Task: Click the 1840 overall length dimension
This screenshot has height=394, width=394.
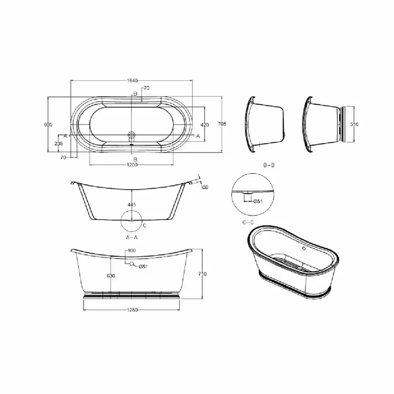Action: (x=132, y=80)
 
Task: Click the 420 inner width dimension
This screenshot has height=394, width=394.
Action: (x=205, y=125)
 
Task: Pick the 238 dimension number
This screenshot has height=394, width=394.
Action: (x=59, y=143)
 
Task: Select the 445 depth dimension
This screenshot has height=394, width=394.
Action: (x=132, y=205)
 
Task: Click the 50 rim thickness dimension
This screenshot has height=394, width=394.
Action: (x=205, y=187)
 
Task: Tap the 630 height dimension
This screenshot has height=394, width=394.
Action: (x=111, y=276)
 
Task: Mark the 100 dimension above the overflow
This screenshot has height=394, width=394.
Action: (x=131, y=250)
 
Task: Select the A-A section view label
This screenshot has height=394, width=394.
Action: (x=132, y=236)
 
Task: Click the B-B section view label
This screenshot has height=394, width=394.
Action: (x=269, y=165)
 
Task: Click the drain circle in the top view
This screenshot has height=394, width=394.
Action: (x=132, y=136)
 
